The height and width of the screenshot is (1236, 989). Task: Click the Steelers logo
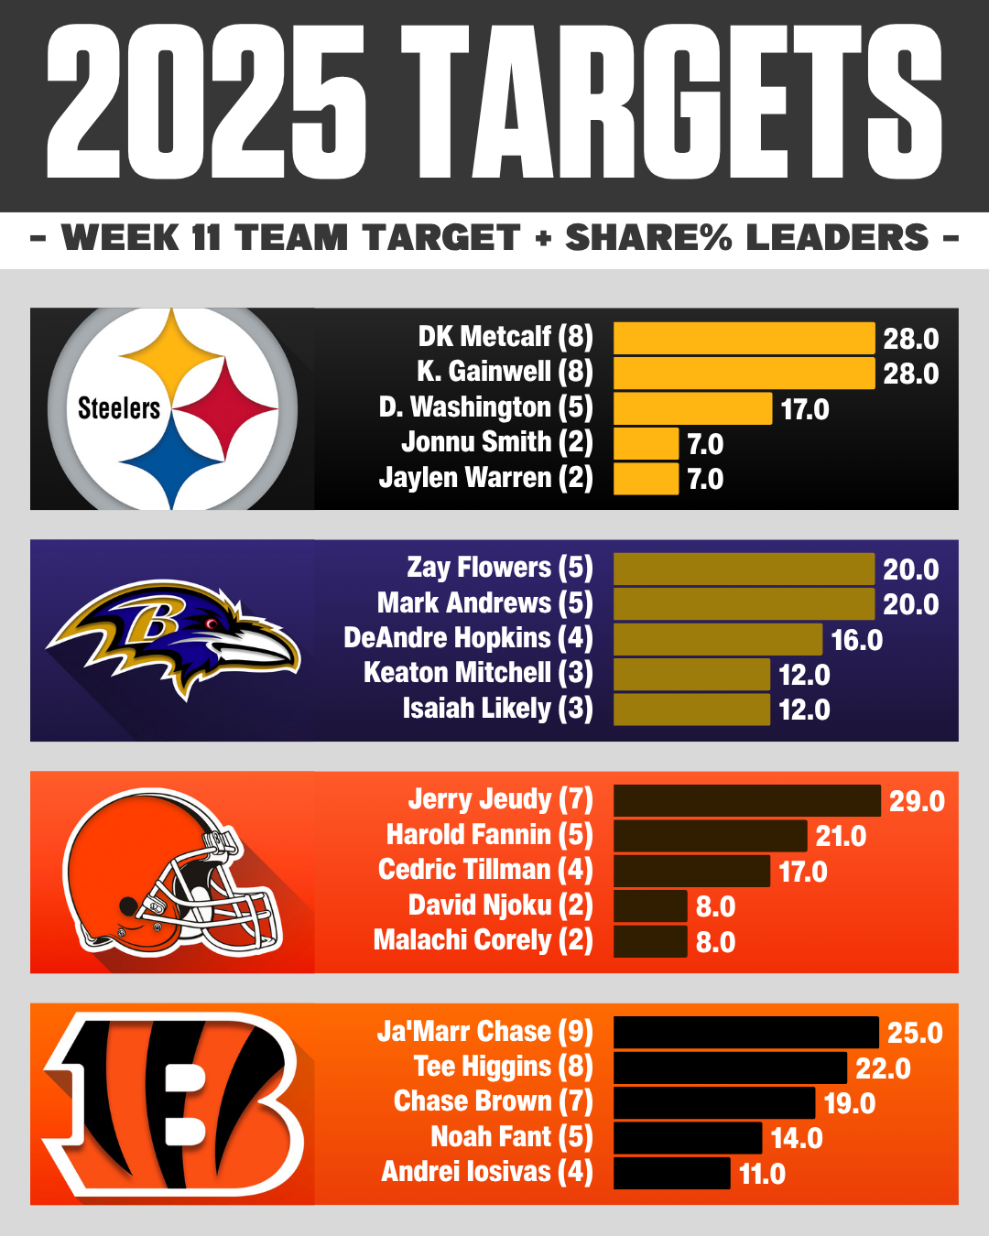pos(172,408)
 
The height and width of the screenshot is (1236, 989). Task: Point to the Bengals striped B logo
pos(174,1103)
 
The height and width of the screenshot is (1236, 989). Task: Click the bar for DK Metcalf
pos(743,338)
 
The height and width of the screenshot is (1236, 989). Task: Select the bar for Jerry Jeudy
pos(746,800)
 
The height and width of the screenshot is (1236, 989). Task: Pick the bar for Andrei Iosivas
pos(671,1173)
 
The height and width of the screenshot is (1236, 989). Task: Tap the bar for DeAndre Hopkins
pos(717,639)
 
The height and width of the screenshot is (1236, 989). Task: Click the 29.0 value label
pos(917,801)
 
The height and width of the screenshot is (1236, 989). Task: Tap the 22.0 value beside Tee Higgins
pos(883,1068)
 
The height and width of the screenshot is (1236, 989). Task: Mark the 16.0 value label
pos(856,640)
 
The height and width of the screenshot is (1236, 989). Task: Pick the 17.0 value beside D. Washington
pos(804,409)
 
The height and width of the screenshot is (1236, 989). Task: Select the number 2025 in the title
pos(207,103)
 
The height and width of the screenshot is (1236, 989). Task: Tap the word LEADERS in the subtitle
pos(837,238)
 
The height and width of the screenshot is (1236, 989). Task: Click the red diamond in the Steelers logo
pos(225,408)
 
